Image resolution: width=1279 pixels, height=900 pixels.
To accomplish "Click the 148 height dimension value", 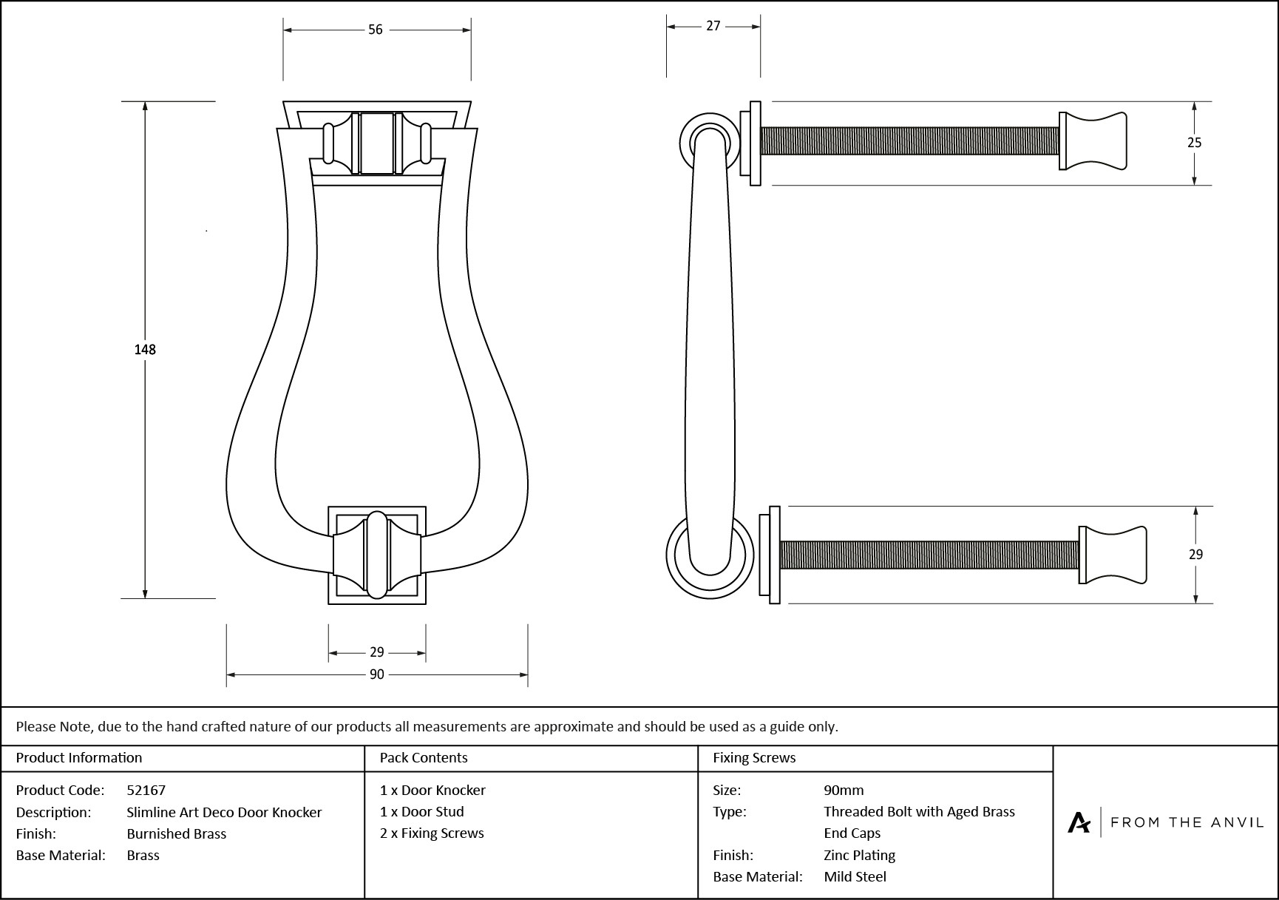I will point(145,349).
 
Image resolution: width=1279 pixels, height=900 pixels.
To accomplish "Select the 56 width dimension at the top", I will point(376,30).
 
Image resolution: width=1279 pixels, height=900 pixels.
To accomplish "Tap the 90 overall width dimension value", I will point(377,674).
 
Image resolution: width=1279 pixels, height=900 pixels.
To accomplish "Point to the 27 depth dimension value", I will point(713,26).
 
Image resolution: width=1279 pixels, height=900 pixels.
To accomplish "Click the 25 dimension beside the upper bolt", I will point(1195,143).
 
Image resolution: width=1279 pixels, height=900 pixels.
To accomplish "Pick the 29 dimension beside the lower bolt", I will point(1195,554).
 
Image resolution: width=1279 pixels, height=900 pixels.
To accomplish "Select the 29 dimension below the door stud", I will point(377,652).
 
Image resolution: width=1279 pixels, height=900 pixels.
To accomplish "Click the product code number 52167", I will point(146,790).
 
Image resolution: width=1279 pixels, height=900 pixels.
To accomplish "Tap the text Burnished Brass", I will point(177,833).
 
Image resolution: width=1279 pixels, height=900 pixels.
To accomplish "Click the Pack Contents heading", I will point(424,757).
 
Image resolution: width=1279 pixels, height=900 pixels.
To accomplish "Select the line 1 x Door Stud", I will point(422,811).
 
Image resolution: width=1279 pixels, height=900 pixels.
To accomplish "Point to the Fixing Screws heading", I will point(754,757).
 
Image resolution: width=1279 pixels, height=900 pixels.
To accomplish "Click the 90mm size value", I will point(844,790).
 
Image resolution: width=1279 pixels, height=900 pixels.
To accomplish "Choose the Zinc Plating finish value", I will point(860,855).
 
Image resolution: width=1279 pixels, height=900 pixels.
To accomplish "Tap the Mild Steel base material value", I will point(855,876).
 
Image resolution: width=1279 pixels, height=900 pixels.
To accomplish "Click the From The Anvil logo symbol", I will point(1079,822).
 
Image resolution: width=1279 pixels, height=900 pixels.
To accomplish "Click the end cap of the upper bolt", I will point(1094,141).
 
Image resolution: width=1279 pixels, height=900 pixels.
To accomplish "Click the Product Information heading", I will point(79,757).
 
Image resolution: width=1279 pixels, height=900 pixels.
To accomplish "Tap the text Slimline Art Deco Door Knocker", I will point(224,812).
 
